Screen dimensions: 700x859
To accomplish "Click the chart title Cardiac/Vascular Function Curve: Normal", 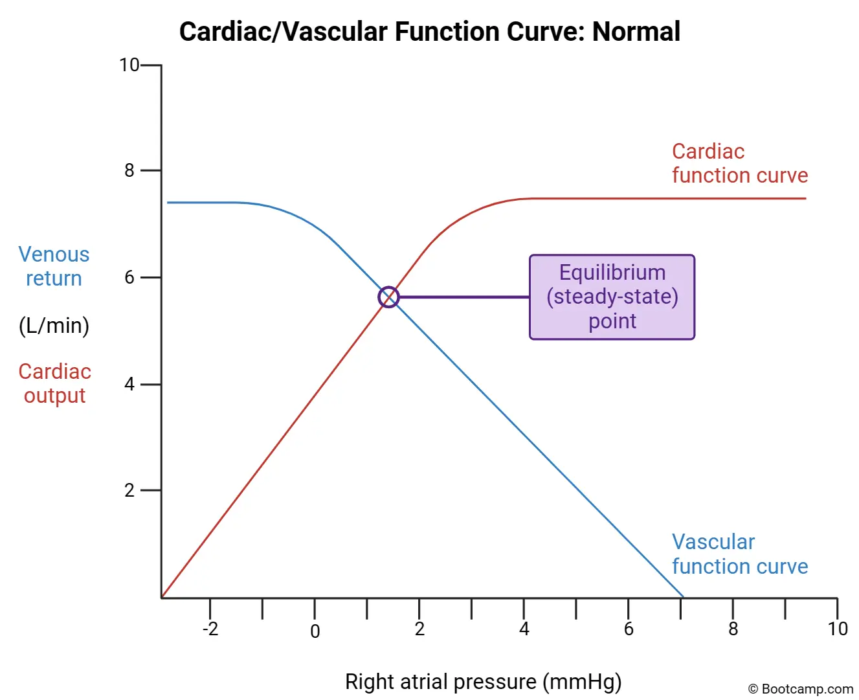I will [429, 31].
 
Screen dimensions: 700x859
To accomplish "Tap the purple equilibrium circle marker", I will [388, 297].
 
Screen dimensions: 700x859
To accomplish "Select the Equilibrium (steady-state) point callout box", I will [612, 297].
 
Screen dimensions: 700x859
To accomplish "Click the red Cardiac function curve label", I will [739, 163].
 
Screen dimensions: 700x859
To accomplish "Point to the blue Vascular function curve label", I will [739, 554].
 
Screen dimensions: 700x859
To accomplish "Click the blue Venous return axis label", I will [54, 266].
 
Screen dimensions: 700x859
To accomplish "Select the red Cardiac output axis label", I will [54, 383].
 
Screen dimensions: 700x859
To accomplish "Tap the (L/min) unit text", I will [54, 325].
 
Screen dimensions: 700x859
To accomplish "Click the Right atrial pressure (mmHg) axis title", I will [483, 681].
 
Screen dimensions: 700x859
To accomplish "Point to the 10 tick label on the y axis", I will [129, 65].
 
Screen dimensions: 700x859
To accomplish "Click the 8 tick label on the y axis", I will [129, 170].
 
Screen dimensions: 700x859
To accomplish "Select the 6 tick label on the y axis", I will [129, 277].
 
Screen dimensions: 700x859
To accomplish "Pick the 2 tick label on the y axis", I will [129, 490].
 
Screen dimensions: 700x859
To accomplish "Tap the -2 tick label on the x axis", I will [210, 629].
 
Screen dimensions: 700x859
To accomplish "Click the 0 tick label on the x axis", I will [315, 631].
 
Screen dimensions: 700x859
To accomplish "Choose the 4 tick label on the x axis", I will [524, 629].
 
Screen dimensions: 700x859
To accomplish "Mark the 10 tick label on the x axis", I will [837, 629].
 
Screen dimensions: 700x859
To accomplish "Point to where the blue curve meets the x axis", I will [682, 596].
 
